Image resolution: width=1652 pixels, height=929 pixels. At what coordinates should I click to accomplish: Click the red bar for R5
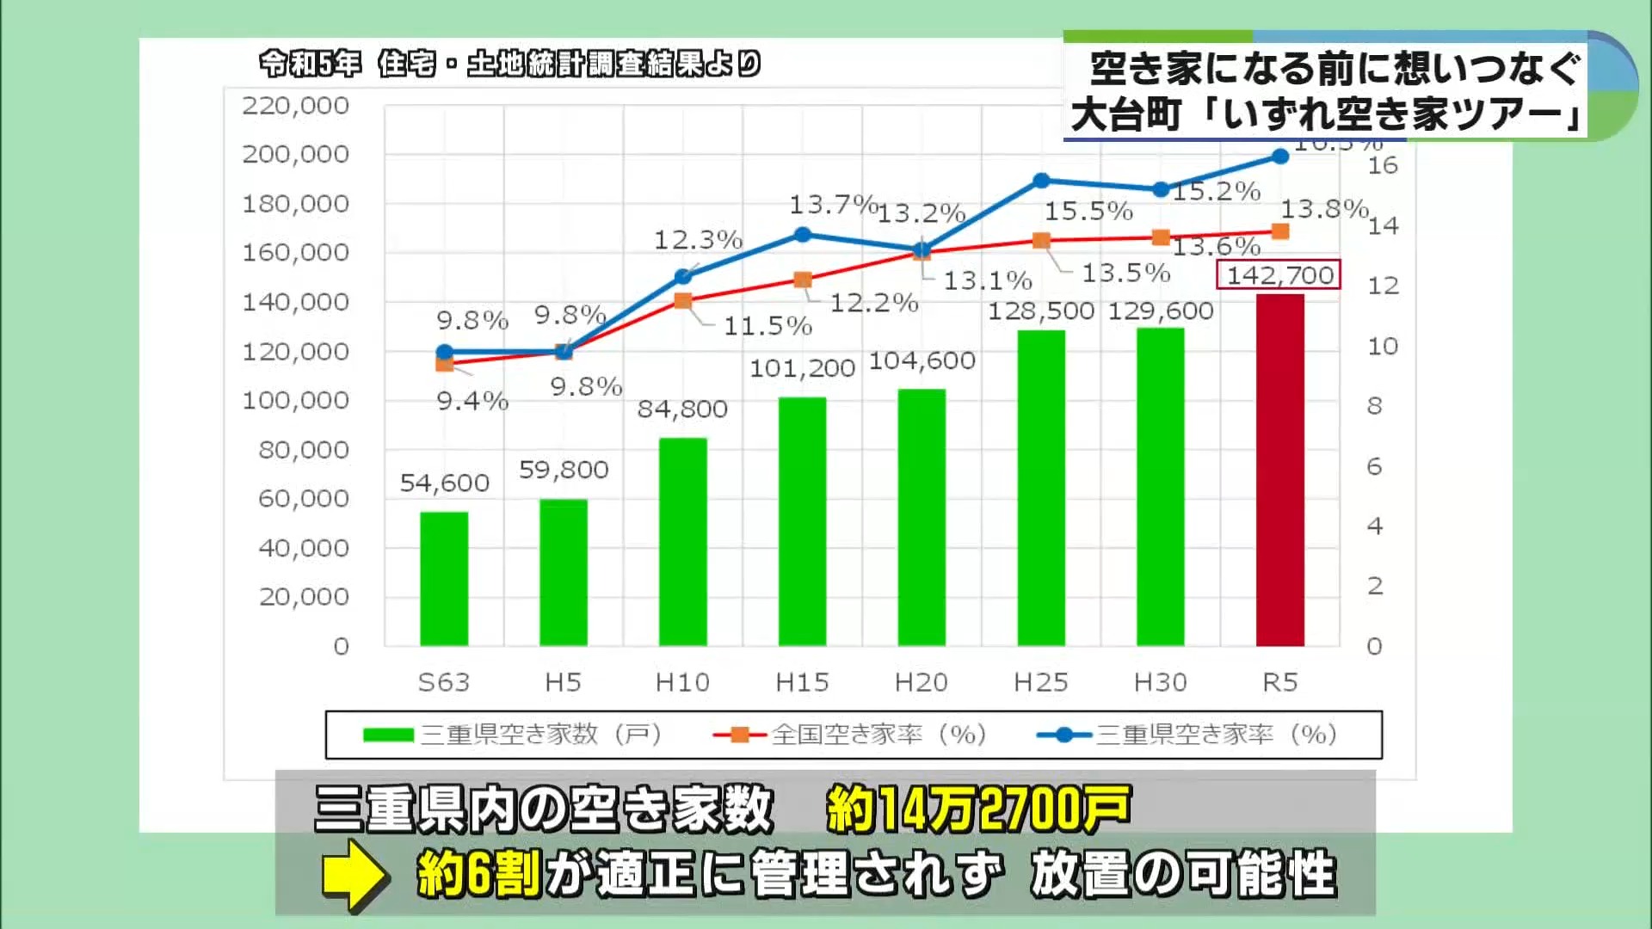click(1279, 470)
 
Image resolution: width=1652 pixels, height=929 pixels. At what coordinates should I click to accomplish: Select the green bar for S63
click(444, 578)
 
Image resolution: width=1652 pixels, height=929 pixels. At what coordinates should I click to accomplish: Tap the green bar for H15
click(802, 520)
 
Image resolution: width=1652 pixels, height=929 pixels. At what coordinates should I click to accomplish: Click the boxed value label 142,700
click(1279, 275)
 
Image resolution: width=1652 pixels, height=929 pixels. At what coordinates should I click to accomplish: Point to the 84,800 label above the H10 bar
click(682, 409)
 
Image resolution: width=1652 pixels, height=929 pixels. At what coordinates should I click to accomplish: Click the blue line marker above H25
click(1041, 181)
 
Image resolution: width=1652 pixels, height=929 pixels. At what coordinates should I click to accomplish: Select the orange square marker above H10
click(682, 301)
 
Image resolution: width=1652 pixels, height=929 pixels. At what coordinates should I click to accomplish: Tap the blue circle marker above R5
click(1279, 157)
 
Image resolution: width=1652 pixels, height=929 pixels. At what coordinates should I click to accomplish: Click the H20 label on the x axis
click(921, 683)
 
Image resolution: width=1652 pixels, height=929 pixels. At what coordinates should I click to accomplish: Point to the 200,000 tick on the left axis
click(295, 155)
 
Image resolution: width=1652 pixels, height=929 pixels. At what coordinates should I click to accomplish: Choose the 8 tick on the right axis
click(1374, 406)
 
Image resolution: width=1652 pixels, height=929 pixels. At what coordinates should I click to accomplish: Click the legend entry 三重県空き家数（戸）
click(513, 735)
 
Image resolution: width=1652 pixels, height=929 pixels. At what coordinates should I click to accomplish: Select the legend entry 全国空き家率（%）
click(850, 735)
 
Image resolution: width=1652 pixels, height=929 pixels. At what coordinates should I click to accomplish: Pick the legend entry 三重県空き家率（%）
click(1187, 735)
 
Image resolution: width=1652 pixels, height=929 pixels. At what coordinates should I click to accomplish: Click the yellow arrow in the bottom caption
click(353, 876)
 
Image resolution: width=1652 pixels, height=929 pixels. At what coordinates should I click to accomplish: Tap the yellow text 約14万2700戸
click(977, 810)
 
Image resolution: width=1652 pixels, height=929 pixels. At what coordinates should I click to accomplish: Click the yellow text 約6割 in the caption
click(478, 876)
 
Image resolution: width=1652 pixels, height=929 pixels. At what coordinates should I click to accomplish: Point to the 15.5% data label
click(1088, 211)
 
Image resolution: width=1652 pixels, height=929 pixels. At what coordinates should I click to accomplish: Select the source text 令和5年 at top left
click(310, 64)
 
